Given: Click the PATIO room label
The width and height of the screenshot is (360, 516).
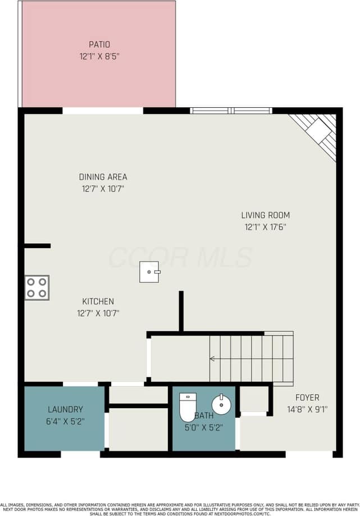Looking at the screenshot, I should pos(99,44).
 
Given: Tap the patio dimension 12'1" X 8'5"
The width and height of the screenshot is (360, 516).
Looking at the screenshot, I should pos(99,56).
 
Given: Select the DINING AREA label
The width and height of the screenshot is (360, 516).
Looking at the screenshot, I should pos(103,177).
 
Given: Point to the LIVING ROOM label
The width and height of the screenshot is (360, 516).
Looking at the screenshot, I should pos(266,215).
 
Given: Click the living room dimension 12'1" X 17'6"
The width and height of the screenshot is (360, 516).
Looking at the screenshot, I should pos(266,227).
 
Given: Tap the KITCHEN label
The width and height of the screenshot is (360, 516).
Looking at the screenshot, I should pos(98,302).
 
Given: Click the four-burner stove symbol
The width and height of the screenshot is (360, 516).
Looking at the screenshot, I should pos(37,287).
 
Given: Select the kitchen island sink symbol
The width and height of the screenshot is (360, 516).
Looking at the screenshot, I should pos(150,272).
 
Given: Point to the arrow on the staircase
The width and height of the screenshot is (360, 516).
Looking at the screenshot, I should pos(213,358).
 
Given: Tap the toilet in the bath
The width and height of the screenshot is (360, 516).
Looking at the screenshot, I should pos(187,407).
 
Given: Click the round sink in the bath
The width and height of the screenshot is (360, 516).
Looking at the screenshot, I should pos(221,404).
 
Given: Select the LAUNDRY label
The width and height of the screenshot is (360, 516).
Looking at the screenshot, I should pos(65,409).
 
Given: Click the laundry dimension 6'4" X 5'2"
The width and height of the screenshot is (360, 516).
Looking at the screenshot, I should pos(65,421).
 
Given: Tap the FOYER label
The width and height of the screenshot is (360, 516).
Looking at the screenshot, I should pos(307,398).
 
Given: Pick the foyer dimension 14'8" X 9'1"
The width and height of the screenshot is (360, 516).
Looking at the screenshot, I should pos(307,409).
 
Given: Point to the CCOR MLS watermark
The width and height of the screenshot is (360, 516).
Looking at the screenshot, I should pos(180,257).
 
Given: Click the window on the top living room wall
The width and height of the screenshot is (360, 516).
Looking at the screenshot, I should pos(231,111).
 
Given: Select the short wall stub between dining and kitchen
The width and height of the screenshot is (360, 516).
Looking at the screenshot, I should pos(38,245).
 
